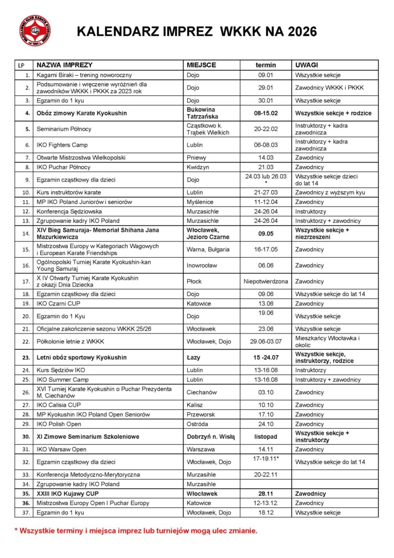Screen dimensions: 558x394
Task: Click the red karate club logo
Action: [x=35, y=31]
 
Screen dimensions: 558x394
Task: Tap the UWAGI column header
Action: [x=306, y=65]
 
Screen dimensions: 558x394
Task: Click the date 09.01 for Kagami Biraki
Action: [x=265, y=75]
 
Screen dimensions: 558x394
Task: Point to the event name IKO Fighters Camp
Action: [x=61, y=145]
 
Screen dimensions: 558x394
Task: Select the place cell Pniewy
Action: [x=196, y=158]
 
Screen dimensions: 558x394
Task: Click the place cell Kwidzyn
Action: [x=198, y=168]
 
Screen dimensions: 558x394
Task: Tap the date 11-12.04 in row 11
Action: [x=265, y=202]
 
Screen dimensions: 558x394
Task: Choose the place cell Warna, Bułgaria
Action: [x=208, y=250]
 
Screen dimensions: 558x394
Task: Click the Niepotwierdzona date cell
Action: [x=265, y=282]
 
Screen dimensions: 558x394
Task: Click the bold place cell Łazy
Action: [x=194, y=357]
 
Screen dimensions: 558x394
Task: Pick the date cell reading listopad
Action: [x=265, y=436]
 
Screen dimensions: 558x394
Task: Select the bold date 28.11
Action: [x=265, y=494]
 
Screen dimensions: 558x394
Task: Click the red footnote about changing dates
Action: [x=136, y=530]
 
